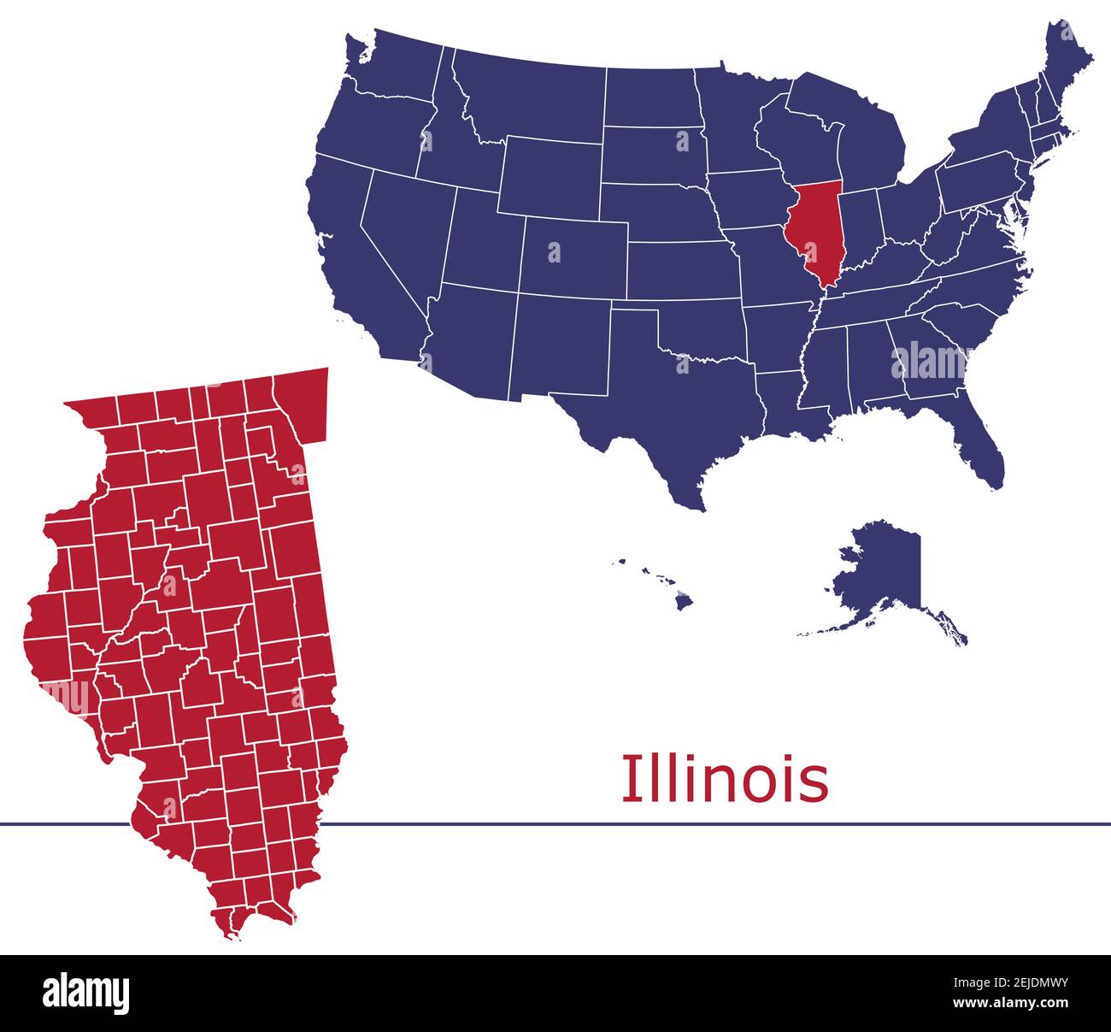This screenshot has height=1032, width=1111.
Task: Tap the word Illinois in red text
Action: pyautogui.click(x=724, y=779)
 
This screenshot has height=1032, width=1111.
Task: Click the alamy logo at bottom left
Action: pyautogui.click(x=86, y=993)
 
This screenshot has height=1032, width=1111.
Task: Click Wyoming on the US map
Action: pyautogui.click(x=551, y=175)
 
